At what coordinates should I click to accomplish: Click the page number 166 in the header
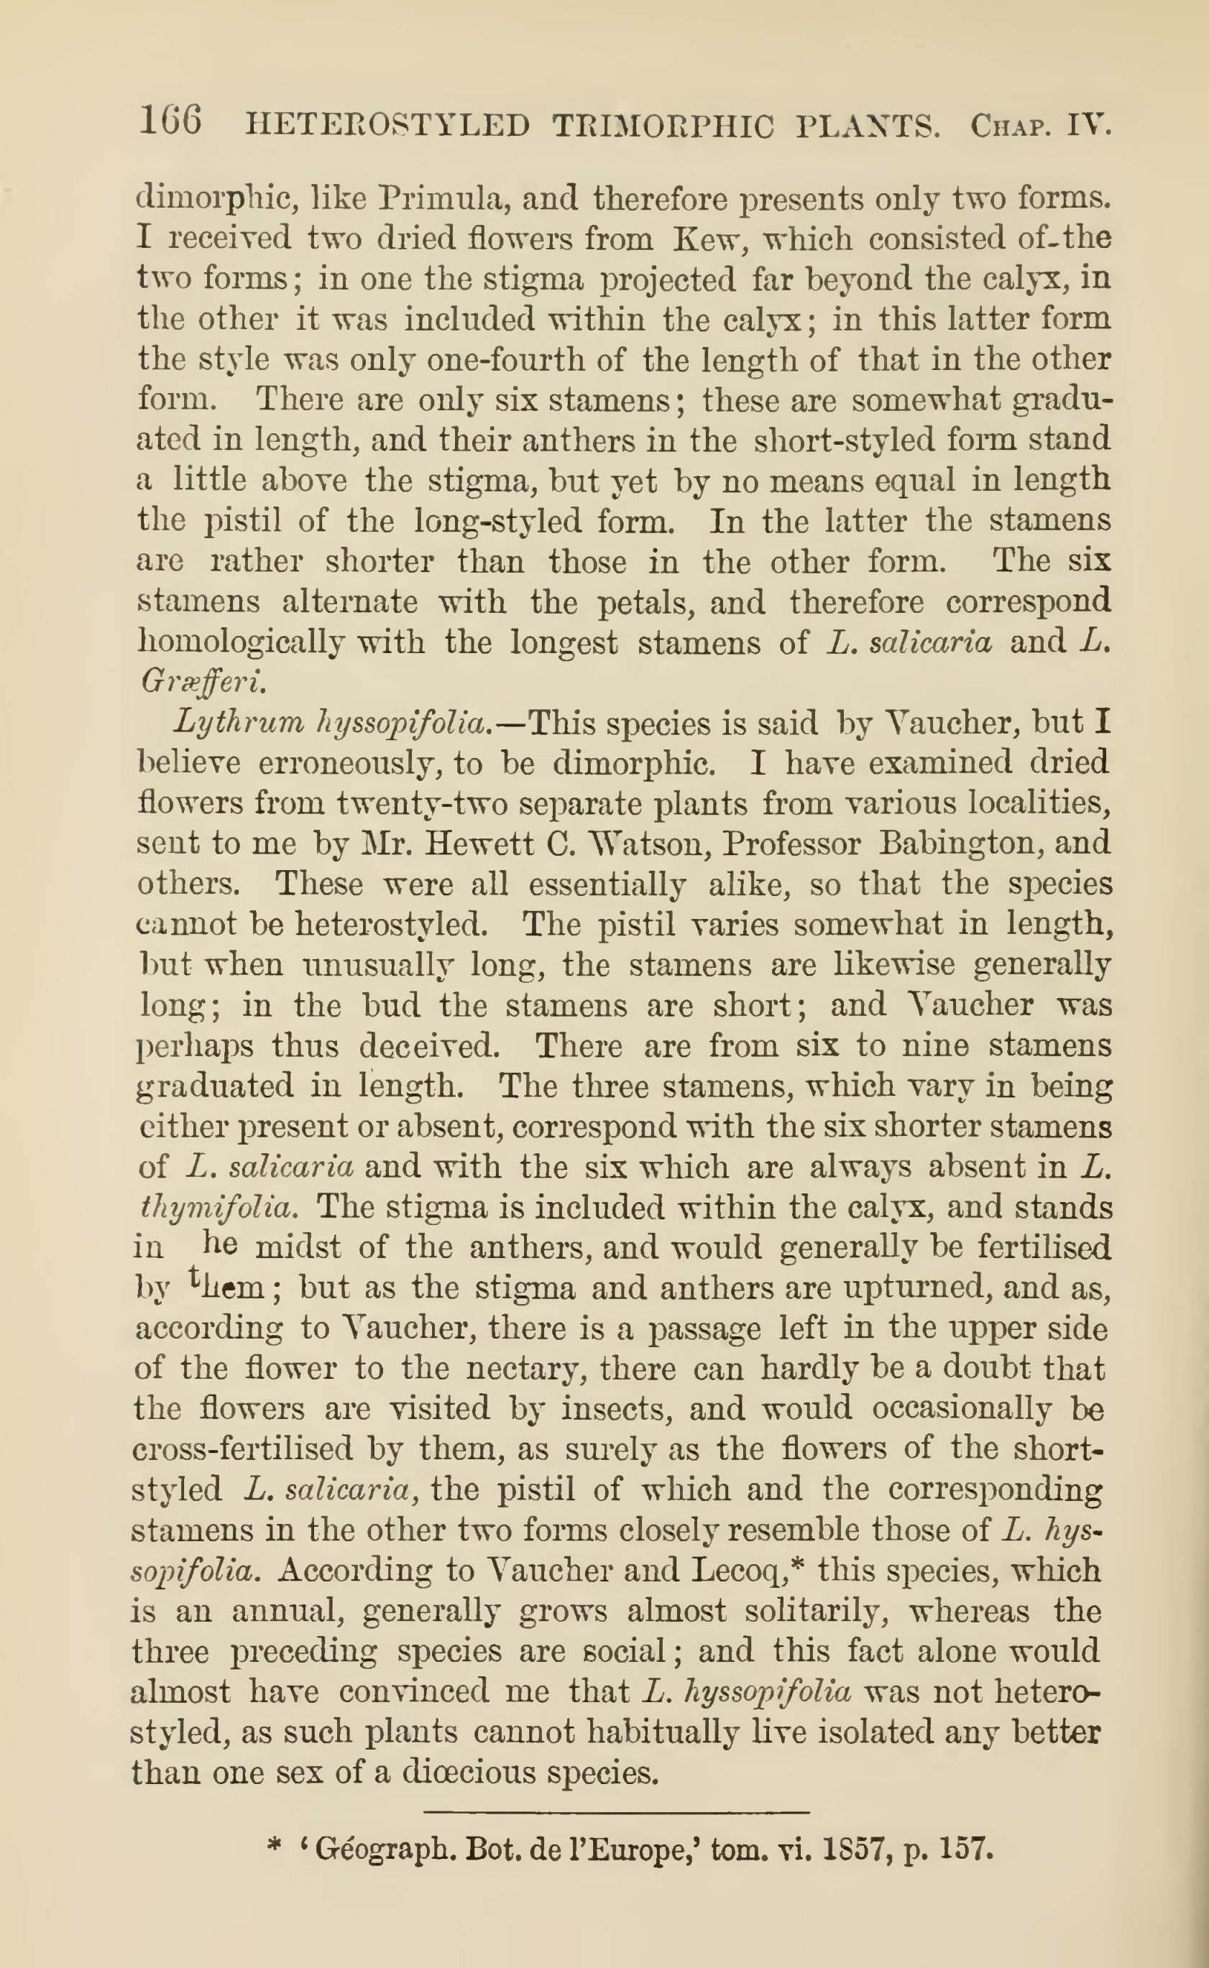pos(170,122)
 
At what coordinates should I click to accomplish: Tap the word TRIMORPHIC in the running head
pos(663,126)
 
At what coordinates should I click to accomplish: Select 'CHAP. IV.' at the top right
pos(1040,126)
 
